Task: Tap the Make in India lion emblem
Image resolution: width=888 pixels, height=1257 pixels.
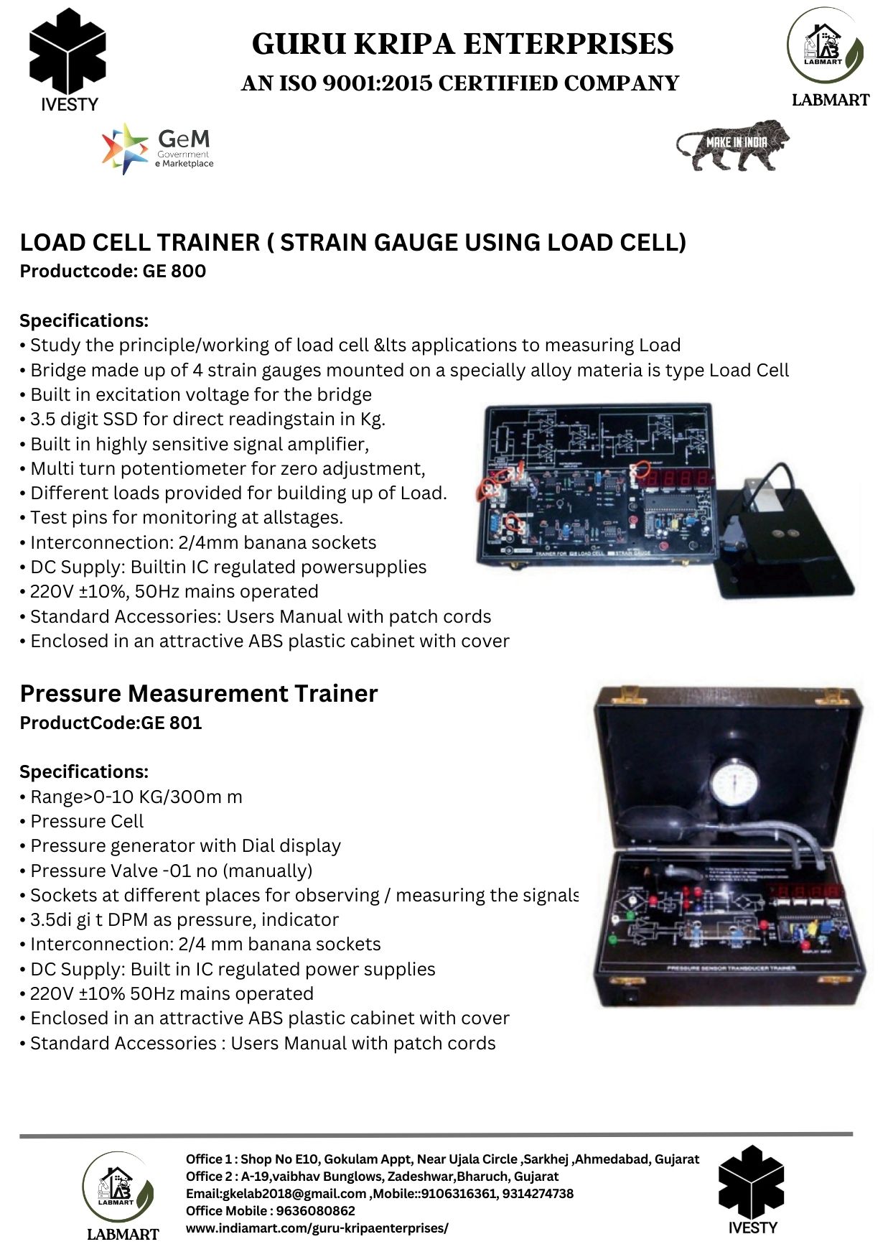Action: [732, 146]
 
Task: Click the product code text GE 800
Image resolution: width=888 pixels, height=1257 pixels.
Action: [174, 272]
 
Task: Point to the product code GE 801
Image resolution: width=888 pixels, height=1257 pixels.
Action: [172, 723]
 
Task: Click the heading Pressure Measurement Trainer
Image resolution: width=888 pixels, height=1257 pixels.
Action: [199, 694]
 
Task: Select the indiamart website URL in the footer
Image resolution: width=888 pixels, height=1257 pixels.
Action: [317, 1228]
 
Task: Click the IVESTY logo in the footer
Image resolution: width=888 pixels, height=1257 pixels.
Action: [752, 1192]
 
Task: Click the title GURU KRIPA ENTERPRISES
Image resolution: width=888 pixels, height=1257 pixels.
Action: [463, 44]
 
